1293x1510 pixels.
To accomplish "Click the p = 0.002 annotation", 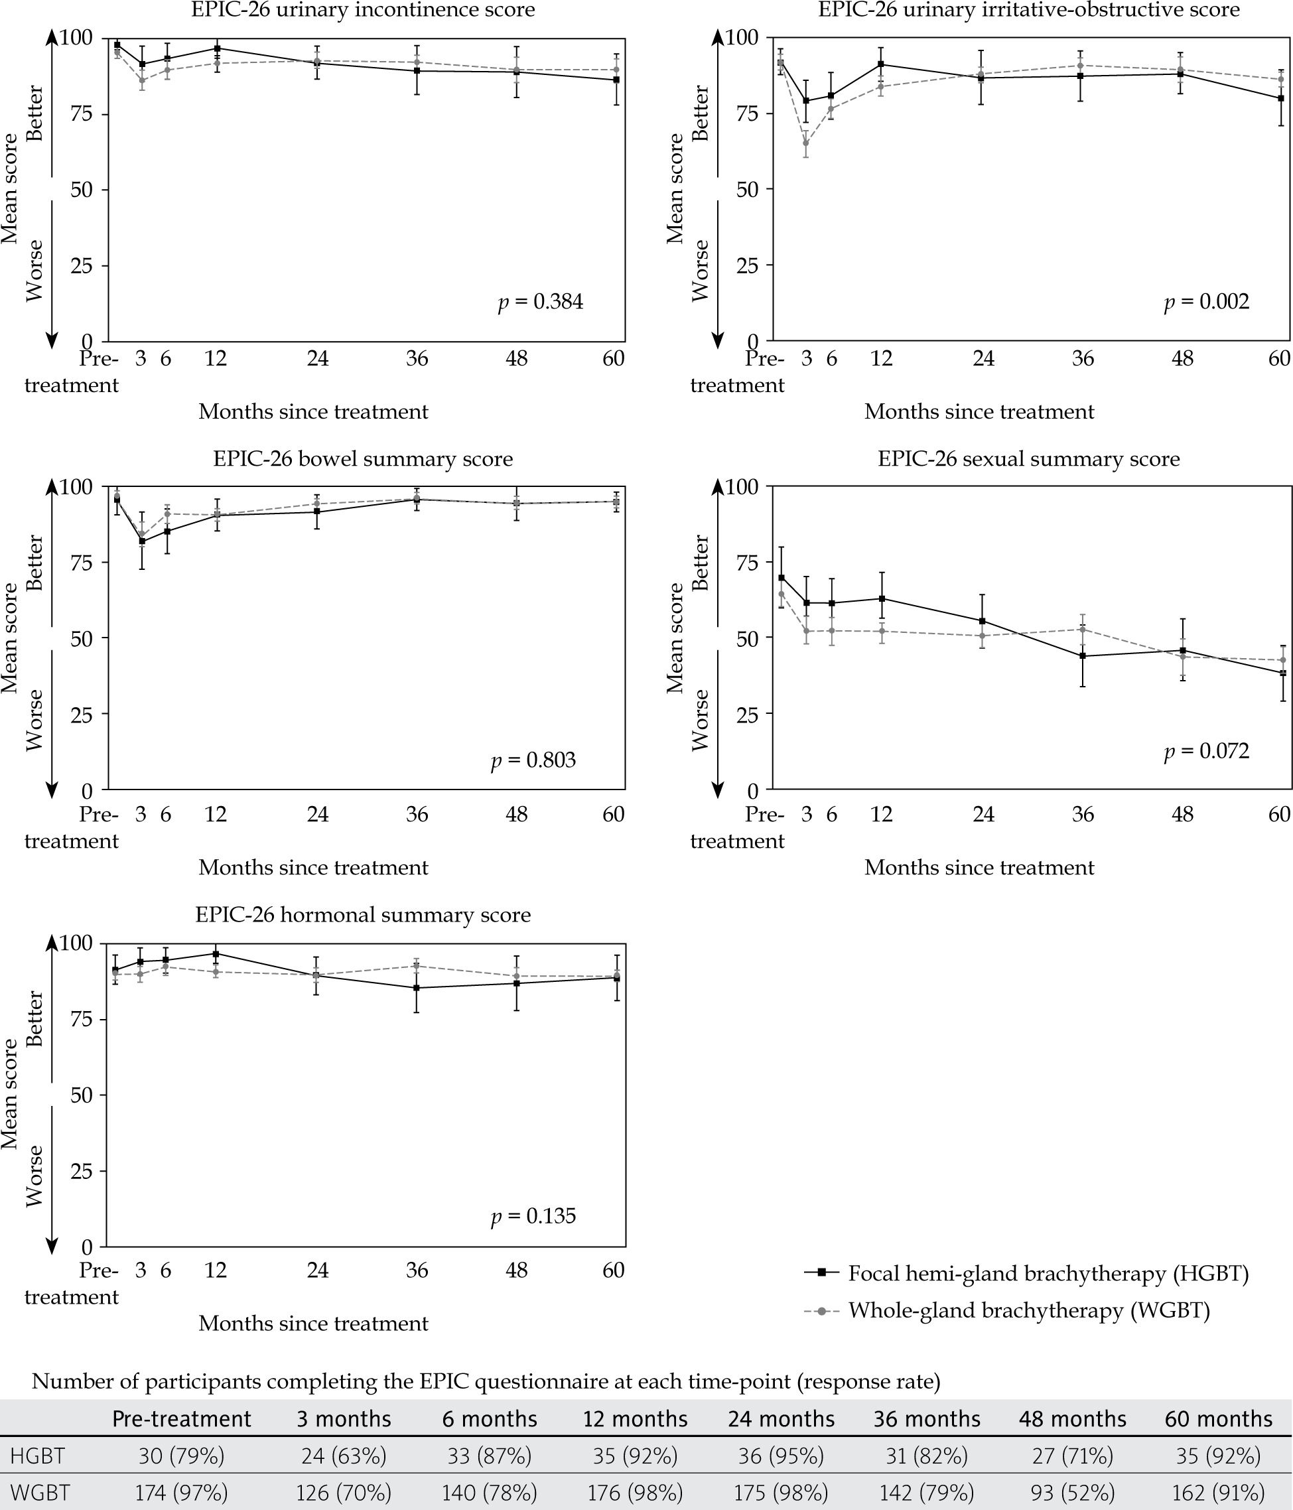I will coord(1206,302).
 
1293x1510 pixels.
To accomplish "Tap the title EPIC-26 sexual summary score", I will coord(1028,459).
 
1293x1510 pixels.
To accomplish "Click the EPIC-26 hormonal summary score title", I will coord(363,916).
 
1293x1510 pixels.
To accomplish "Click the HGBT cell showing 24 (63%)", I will coord(343,1456).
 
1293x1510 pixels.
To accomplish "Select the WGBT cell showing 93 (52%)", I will coord(1072,1493).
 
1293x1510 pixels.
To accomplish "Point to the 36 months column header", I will coord(927,1419).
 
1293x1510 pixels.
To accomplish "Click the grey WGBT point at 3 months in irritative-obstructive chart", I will coord(805,143).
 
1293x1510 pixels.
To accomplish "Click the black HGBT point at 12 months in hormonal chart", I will coord(216,954).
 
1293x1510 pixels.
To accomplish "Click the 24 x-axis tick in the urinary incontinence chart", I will coord(317,358).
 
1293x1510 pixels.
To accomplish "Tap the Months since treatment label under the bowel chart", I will coord(313,868).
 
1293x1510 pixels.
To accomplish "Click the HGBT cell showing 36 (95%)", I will coord(781,1456).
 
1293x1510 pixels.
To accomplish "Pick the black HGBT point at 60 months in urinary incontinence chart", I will coord(616,80).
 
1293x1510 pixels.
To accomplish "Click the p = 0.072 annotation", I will coord(1206,752).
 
